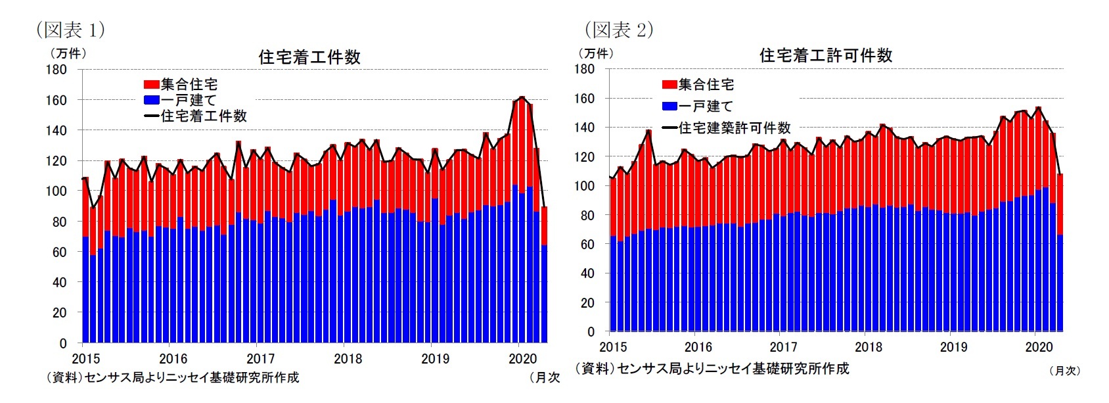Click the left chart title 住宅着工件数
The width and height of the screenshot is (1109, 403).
coord(309,57)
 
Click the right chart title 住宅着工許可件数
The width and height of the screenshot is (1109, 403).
coord(826,55)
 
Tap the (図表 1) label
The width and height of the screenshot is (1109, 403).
coord(70,30)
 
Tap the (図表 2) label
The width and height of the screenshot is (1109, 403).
coord(619,30)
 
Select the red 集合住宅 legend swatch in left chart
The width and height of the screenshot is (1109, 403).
coord(151,85)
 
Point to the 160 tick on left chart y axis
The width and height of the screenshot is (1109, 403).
coord(57,100)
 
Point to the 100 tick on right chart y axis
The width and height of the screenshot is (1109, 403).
coord(585,186)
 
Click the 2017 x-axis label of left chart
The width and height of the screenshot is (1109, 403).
coord(260,359)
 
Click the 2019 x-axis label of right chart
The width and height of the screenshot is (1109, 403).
coord(953,347)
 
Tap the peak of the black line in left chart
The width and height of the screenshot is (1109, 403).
coord(522,98)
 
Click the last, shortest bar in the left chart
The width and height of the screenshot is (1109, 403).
coord(544,276)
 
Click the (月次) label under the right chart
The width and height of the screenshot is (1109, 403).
coord(1064,371)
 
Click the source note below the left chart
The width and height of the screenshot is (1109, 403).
coord(172,377)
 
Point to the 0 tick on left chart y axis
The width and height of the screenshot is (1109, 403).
coord(63,343)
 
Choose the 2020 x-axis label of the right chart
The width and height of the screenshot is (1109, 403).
coord(1039,347)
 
